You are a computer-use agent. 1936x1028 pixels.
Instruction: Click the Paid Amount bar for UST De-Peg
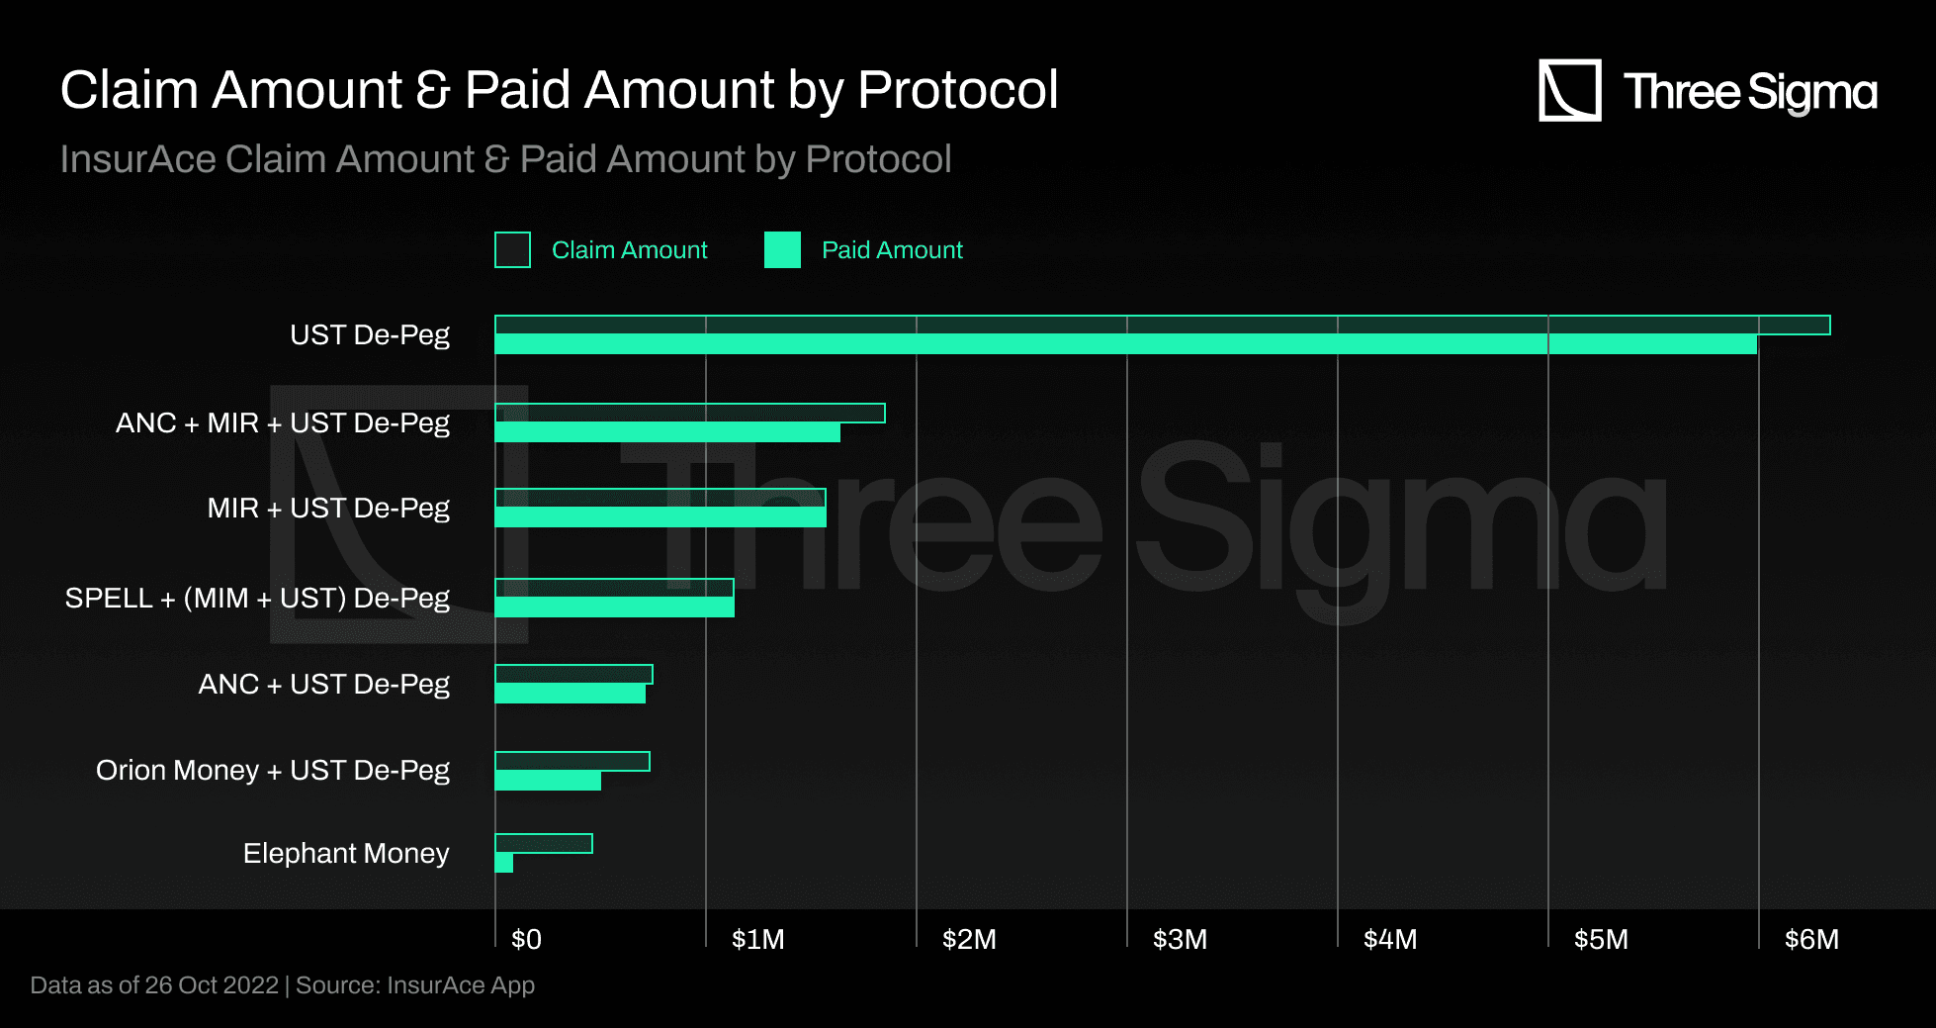tap(1125, 344)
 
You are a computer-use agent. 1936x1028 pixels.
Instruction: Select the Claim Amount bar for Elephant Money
tap(544, 843)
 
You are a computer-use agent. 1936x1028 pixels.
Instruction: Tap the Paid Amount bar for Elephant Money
tap(504, 863)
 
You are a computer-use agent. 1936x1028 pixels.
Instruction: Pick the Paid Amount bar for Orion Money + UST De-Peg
tap(548, 781)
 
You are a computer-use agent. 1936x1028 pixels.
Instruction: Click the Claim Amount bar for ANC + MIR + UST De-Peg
tap(690, 413)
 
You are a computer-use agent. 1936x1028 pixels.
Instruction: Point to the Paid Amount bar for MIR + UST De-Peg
tap(660, 517)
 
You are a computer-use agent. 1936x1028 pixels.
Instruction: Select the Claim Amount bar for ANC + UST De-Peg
tap(573, 674)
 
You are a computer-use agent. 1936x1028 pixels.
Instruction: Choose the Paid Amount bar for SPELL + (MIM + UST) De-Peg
tap(614, 607)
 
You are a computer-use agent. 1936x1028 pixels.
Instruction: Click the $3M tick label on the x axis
tap(1180, 939)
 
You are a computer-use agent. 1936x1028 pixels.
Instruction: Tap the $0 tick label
tap(526, 939)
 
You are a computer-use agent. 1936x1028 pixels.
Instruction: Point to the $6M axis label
tap(1811, 939)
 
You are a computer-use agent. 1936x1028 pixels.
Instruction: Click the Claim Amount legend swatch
tap(512, 250)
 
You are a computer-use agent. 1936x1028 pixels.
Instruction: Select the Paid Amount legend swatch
tap(782, 250)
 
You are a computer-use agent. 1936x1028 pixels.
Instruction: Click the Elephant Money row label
tap(346, 853)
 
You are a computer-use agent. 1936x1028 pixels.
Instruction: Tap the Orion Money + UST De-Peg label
tap(273, 770)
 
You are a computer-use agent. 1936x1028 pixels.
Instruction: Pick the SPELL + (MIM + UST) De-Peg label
tap(257, 598)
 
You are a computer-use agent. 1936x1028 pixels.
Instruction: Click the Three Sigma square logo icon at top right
tap(1569, 90)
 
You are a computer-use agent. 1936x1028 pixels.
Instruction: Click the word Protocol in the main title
tap(958, 90)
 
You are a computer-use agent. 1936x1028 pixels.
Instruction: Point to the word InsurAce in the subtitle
tap(137, 159)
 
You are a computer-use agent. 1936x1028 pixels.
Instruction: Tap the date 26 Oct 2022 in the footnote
tap(212, 985)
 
